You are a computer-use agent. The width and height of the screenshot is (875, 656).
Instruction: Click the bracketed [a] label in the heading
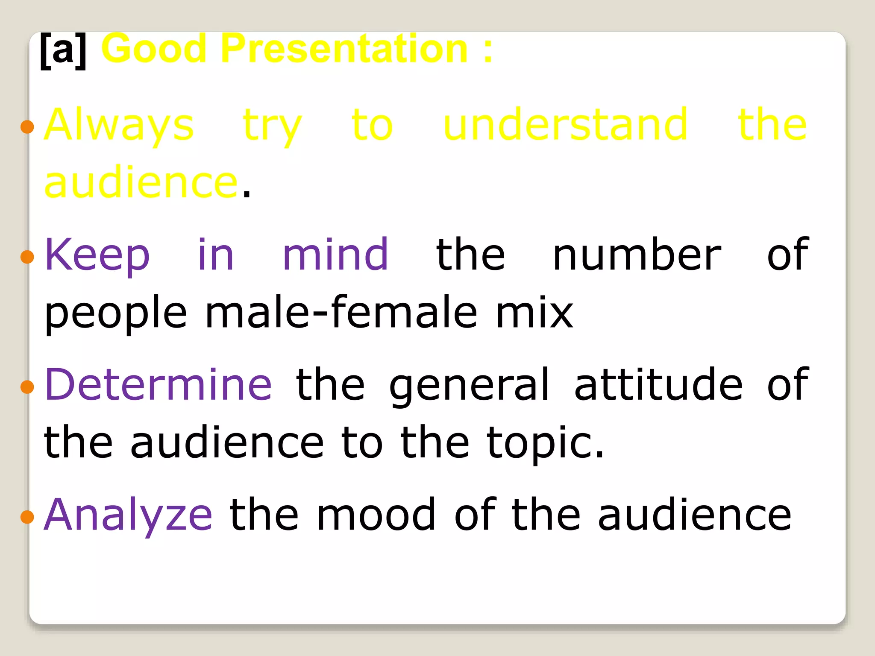(x=63, y=50)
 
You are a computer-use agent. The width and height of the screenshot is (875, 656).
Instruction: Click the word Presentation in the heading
(x=344, y=49)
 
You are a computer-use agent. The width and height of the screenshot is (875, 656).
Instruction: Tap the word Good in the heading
(x=154, y=49)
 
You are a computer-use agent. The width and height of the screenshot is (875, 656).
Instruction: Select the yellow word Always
(x=119, y=125)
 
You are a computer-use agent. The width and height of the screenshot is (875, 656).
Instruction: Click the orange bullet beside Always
(x=27, y=127)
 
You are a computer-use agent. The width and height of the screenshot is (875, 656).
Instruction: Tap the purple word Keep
(x=97, y=255)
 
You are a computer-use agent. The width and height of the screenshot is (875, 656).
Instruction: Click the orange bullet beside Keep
(x=27, y=257)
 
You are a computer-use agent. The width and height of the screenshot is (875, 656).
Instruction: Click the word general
(x=469, y=386)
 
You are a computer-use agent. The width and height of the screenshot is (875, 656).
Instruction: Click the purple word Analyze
(x=128, y=515)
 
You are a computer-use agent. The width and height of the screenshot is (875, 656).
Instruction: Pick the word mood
(x=376, y=515)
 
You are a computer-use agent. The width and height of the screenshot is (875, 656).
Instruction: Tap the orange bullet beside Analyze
(x=27, y=517)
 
